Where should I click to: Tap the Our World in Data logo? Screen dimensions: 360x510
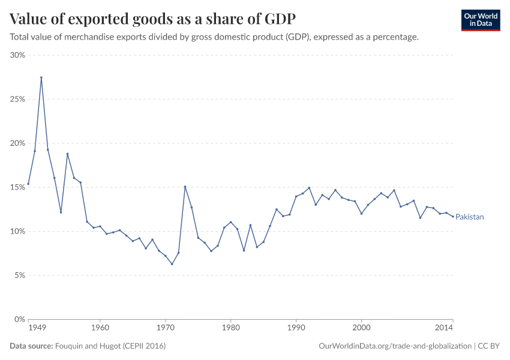(x=480, y=20)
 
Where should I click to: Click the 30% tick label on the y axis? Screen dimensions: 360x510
(x=17, y=55)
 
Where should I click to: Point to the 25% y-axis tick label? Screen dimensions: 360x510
(x=17, y=99)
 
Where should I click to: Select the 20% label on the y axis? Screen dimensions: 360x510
(x=17, y=143)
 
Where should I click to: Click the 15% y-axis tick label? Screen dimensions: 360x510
(x=17, y=187)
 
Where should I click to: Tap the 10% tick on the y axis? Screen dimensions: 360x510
(x=17, y=232)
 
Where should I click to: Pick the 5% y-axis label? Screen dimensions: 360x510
(x=19, y=275)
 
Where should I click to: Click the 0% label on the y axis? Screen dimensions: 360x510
(x=19, y=320)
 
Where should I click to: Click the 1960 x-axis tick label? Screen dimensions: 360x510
(x=100, y=328)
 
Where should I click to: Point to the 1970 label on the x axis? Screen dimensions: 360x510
(x=165, y=328)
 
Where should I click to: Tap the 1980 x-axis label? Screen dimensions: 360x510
(x=230, y=328)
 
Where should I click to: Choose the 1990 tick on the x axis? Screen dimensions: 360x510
(x=296, y=328)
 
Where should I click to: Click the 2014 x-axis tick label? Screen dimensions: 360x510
(x=444, y=328)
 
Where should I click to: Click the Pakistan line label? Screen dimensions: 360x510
(x=469, y=217)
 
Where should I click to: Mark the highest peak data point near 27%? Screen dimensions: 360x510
(x=41, y=77)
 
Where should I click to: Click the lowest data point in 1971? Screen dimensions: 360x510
(x=172, y=264)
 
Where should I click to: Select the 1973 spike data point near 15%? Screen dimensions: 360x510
(x=185, y=187)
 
